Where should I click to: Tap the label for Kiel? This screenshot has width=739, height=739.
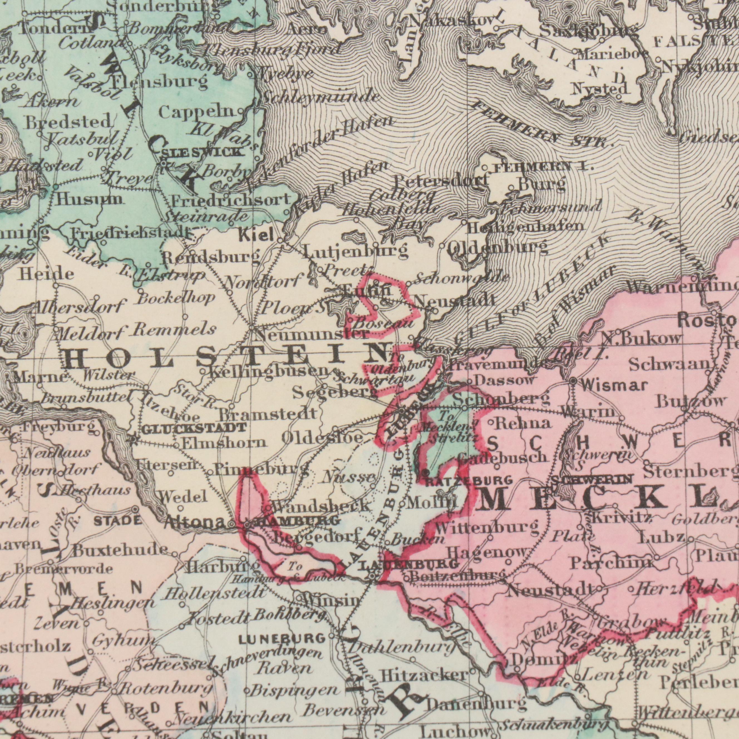pyautogui.click(x=256, y=234)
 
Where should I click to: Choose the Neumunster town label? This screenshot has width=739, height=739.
pyautogui.click(x=312, y=335)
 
